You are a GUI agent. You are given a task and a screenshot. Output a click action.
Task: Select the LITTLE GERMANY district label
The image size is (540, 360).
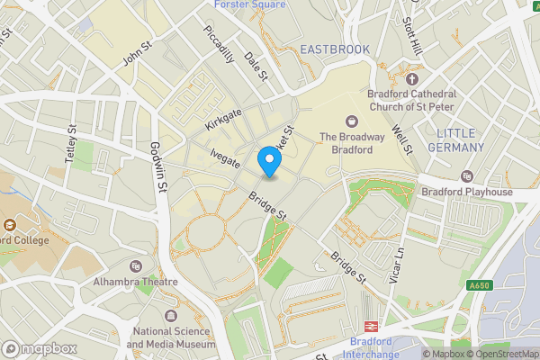tap(461, 140)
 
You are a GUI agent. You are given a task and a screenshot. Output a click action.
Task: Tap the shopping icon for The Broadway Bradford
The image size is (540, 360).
tap(348, 121)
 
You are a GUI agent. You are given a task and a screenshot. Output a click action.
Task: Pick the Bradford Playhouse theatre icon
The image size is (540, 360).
tap(466, 176)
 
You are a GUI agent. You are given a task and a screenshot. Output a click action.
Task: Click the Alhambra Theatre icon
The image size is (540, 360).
tap(136, 266)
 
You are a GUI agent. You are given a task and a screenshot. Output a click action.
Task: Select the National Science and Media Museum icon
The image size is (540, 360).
tap(171, 317)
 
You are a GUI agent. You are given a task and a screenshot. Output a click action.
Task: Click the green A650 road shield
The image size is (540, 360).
tap(480, 286)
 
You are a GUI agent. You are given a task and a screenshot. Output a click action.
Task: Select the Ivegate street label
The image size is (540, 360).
tap(224, 160)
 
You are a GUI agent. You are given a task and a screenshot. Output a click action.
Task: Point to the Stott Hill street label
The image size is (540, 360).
tap(413, 34)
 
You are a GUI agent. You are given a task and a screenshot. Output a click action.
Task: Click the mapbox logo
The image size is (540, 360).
tap(38, 347)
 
